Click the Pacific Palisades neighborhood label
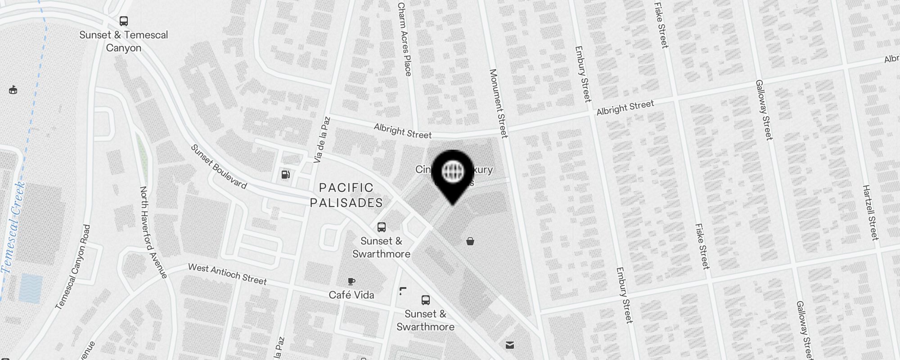(x=346, y=195)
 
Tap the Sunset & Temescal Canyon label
(x=123, y=41)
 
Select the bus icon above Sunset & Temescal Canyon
(x=123, y=21)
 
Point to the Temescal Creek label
(x=13, y=227)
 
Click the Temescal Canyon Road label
(x=73, y=267)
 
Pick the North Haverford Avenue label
(x=153, y=232)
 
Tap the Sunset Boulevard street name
(x=219, y=166)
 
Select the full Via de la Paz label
(x=322, y=140)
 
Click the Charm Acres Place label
(x=404, y=39)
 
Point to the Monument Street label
(x=498, y=103)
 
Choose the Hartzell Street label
(x=870, y=212)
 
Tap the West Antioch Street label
(x=227, y=274)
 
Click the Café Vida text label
(x=351, y=295)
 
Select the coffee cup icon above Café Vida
(x=351, y=282)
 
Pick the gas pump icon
(x=285, y=175)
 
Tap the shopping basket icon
(x=470, y=242)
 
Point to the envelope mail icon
(x=509, y=345)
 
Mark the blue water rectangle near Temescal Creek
(x=31, y=288)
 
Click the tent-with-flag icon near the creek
(x=13, y=90)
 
